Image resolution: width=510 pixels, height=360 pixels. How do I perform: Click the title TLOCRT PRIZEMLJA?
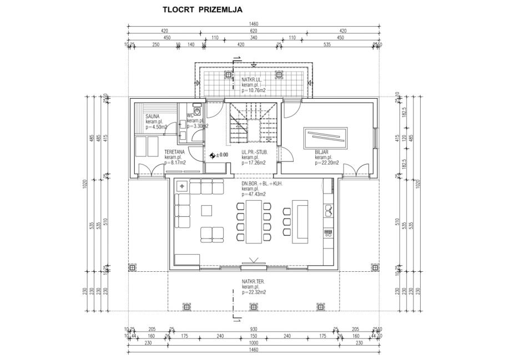pos(202,9)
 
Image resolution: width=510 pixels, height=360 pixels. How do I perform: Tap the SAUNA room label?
pos(153,116)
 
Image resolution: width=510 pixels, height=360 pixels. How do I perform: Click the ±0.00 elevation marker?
pos(218,155)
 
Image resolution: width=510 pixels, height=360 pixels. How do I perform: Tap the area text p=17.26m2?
pos(254,163)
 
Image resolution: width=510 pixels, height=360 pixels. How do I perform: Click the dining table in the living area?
pos(254,221)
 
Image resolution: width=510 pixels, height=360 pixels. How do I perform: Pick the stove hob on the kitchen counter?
pos(328,232)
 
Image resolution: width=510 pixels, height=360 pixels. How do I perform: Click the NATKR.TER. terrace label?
pos(253,282)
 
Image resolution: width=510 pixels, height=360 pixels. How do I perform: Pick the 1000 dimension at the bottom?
pos(254,343)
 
